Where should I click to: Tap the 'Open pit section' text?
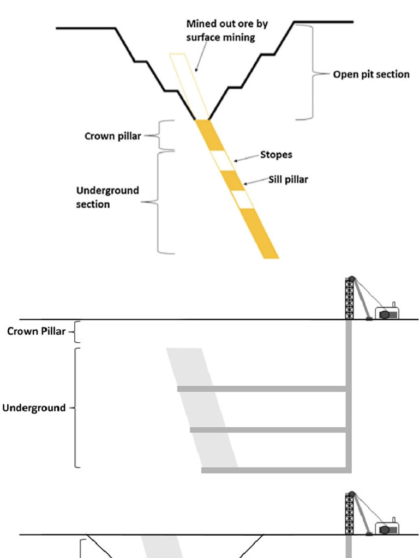(x=371, y=75)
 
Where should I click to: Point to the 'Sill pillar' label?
(x=288, y=180)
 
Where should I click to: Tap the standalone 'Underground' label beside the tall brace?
(x=34, y=408)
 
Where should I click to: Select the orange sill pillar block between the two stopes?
(x=233, y=180)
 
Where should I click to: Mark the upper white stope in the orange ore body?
(x=222, y=159)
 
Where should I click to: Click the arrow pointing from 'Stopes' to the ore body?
(x=245, y=157)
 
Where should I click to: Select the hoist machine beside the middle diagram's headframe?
(x=387, y=313)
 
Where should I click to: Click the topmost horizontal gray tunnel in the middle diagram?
(x=262, y=389)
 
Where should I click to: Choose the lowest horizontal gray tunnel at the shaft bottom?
(x=276, y=470)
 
